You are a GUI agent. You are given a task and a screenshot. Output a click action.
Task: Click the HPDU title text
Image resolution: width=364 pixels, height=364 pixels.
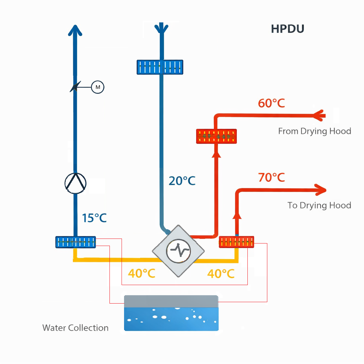pos(287,29)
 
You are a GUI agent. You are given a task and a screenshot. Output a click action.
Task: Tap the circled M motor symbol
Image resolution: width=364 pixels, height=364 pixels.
pos(98,87)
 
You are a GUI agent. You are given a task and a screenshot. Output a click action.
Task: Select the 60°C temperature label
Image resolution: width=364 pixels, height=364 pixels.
pos(271,103)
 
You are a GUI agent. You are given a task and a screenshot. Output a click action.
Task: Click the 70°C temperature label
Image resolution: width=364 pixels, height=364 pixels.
pos(271,177)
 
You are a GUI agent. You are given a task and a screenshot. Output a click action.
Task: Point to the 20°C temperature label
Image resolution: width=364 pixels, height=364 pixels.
pos(182,181)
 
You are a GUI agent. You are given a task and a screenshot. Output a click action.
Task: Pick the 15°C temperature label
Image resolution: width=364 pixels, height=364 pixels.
pos(94,218)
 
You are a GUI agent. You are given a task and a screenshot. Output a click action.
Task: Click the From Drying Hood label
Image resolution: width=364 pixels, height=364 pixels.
pos(314,131)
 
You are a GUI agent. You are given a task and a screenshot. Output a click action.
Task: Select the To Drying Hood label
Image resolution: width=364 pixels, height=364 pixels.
pos(319,205)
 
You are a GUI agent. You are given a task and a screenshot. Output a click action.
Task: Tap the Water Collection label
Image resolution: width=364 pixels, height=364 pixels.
pos(75,328)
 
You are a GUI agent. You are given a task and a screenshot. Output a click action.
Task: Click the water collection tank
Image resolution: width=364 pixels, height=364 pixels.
pos(171,313)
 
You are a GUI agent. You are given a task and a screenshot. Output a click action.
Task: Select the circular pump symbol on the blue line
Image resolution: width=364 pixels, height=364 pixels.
pos(75,183)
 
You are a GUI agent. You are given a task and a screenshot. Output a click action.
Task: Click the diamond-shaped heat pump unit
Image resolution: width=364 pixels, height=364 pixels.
pos(178,251)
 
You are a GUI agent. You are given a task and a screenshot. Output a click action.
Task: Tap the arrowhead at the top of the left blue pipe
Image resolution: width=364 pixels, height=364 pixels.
pos(75,30)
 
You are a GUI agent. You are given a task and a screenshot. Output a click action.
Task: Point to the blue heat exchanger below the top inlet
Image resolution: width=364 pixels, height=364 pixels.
pos(160,67)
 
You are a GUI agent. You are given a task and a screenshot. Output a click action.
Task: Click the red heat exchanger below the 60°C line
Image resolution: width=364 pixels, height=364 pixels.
pos(216,136)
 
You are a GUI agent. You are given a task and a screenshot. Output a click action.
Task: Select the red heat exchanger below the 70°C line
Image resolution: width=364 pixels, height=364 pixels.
pos(236,242)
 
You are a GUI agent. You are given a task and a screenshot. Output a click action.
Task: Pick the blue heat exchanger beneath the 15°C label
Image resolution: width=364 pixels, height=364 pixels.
pos(75,242)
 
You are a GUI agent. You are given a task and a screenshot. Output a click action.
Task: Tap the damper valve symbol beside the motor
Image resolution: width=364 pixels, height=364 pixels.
pos(75,87)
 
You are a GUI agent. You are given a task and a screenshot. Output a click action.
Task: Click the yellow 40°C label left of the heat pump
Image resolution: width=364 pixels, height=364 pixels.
pos(141,274)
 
